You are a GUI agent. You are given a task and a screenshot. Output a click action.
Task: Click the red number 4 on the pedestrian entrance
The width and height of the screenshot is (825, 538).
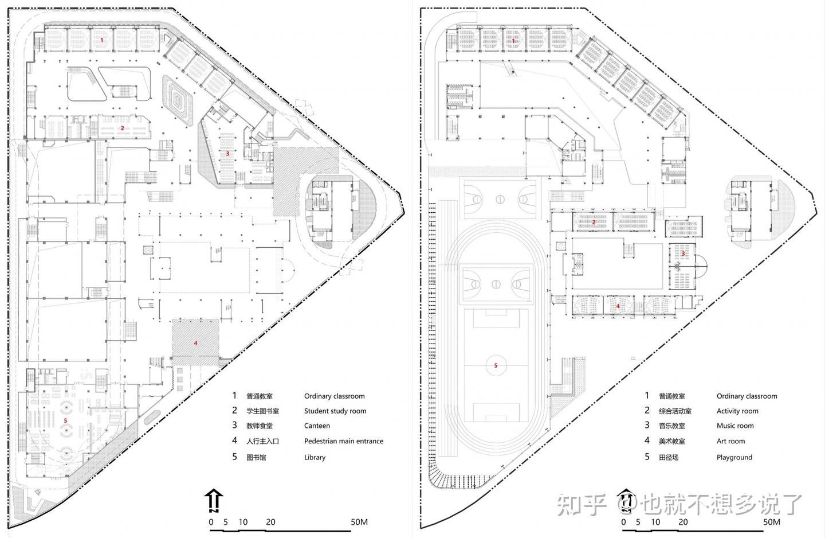pos(195,344)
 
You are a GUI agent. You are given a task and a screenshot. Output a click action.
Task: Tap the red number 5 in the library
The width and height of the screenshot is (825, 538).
pos(65,420)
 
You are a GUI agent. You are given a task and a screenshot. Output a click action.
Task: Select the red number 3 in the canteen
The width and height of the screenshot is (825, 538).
pos(227,153)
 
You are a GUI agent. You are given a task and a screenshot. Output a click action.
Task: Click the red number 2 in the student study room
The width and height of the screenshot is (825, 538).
pos(122,128)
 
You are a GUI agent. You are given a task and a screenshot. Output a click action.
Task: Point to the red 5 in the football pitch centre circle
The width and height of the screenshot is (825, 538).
pos(496,365)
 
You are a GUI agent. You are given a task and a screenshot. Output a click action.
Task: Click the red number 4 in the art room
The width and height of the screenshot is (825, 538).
pos(618,306)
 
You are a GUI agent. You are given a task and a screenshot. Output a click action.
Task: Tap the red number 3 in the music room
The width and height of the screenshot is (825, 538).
pos(683,254)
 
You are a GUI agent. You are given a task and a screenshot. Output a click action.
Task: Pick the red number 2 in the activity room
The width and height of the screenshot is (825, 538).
pos(594,223)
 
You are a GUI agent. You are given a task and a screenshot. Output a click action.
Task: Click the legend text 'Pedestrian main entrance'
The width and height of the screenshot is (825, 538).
pos(344,441)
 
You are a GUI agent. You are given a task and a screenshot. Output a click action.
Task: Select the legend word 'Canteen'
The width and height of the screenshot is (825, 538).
pos(317,426)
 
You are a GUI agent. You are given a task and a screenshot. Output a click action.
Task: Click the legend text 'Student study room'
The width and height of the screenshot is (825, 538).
pos(335,411)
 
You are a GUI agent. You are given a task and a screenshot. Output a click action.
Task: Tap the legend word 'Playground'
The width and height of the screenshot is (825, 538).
pos(734,457)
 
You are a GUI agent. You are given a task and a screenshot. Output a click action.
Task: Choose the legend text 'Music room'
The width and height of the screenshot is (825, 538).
pos(735,426)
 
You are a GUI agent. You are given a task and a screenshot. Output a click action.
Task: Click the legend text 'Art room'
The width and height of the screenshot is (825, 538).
pos(730,441)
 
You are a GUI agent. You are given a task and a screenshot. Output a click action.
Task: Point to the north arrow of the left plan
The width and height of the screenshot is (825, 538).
pos(214,500)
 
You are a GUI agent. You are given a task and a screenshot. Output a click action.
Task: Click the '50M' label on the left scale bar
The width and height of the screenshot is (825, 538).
pos(359,522)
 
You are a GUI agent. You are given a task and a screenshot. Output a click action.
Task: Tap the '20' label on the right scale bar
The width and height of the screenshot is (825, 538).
pos(683,522)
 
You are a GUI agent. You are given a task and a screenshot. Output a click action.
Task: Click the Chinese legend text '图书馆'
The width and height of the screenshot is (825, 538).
pos(256,457)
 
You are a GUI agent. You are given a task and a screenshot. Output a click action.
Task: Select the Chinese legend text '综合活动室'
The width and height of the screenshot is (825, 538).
pos(675,411)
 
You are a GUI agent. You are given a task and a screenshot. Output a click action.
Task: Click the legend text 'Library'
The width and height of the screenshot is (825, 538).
pos(315,457)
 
